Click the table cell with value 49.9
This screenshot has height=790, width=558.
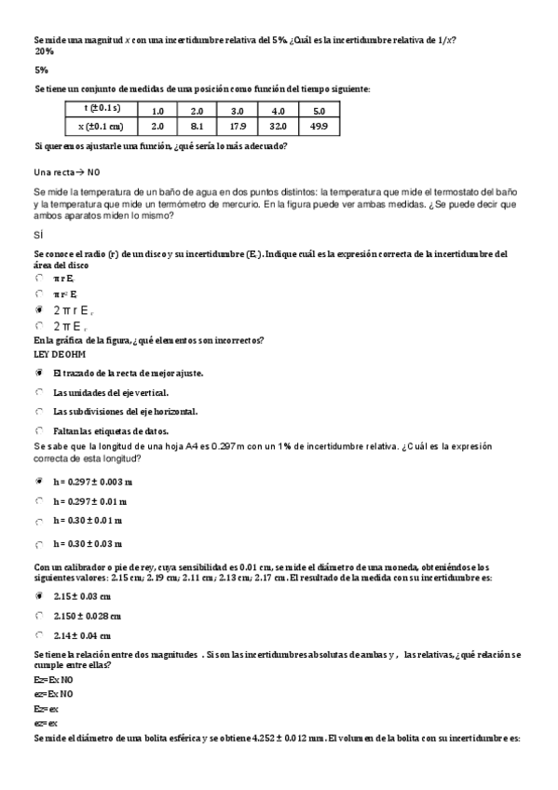click(x=318, y=127)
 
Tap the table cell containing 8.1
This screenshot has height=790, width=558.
click(x=197, y=127)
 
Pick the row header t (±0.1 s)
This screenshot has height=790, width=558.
click(x=102, y=109)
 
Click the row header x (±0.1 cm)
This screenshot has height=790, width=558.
click(x=102, y=127)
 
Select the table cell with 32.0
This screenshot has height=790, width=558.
click(x=278, y=127)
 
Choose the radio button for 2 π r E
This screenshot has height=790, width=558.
click(x=39, y=309)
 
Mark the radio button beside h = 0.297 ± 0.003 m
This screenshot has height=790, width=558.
click(x=39, y=482)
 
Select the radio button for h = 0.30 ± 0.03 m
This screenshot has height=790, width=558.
click(x=39, y=544)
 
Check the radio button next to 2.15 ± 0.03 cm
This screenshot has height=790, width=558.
click(x=39, y=595)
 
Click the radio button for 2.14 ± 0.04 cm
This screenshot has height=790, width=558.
click(x=39, y=635)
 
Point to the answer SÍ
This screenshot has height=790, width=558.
click(x=38, y=236)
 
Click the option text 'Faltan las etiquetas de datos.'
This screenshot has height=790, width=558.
click(x=110, y=430)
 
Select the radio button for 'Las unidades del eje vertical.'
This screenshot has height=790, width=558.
click(x=39, y=392)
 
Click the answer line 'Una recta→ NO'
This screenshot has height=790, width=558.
click(x=66, y=172)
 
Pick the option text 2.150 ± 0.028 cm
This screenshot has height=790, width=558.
click(x=88, y=616)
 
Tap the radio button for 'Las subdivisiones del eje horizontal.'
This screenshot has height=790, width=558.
click(x=39, y=411)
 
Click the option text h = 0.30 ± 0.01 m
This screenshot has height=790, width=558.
click(x=88, y=521)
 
